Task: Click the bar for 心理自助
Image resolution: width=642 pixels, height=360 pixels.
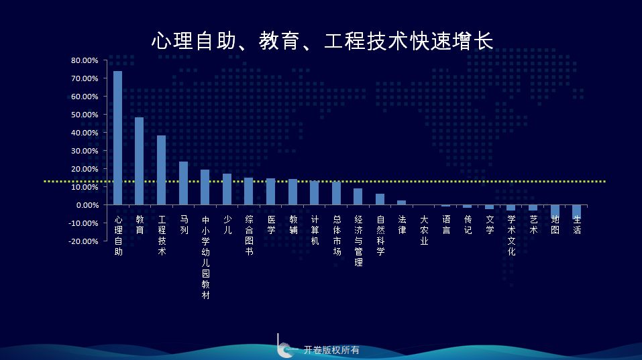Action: [x=117, y=138]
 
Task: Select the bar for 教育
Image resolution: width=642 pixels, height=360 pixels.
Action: [x=140, y=161]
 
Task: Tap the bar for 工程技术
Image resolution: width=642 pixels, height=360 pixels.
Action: [x=161, y=170]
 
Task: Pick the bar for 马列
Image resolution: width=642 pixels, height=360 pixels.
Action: [x=183, y=183]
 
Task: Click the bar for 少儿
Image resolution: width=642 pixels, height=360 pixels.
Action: [x=227, y=190]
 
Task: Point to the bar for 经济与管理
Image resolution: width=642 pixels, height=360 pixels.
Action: [x=358, y=197]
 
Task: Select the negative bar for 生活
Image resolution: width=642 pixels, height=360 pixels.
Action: [x=576, y=212]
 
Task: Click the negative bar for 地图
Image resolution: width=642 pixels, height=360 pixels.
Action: [x=555, y=211]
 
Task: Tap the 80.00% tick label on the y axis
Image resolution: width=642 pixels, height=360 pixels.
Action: [x=85, y=60]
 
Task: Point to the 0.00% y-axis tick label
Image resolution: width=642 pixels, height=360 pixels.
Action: [x=87, y=205]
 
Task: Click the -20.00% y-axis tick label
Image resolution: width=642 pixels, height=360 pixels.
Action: [x=84, y=241]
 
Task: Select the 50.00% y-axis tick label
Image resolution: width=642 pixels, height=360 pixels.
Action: [x=85, y=115]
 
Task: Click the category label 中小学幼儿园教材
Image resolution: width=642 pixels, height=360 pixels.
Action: [x=205, y=257]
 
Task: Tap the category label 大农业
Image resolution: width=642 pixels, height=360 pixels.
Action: [x=424, y=231]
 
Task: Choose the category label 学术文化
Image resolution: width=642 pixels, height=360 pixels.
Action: [x=511, y=235]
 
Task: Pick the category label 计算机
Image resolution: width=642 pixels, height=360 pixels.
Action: [x=315, y=231]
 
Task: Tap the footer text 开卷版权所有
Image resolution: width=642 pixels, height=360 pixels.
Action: [x=331, y=350]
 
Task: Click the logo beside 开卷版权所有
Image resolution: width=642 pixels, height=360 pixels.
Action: [x=286, y=346]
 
